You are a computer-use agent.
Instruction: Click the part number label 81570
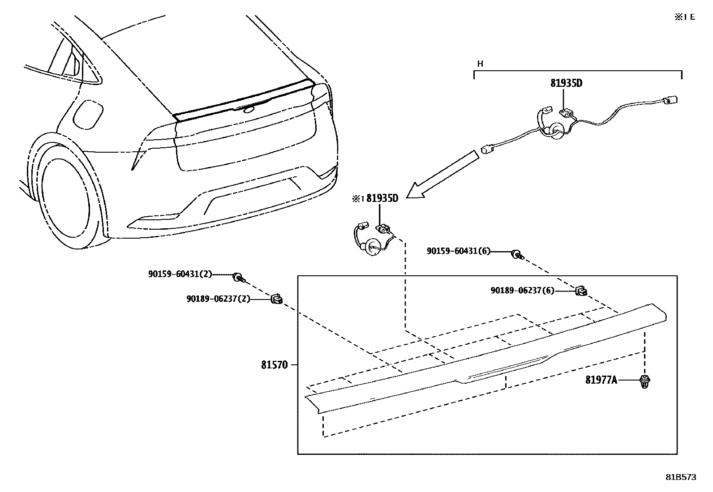pyautogui.click(x=274, y=365)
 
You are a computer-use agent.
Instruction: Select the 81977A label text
pyautogui.click(x=601, y=381)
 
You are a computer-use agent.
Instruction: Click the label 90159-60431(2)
pyautogui.click(x=180, y=274)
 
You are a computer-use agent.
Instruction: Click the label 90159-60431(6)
pyautogui.click(x=459, y=252)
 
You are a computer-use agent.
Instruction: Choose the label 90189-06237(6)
pyautogui.click(x=522, y=291)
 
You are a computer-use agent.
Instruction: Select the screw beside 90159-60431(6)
pyautogui.click(x=517, y=255)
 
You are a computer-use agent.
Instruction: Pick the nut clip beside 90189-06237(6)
pyautogui.click(x=581, y=291)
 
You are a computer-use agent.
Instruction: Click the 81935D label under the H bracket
pyautogui.click(x=566, y=83)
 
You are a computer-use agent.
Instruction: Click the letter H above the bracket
pyautogui.click(x=480, y=64)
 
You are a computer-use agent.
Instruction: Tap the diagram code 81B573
pyautogui.click(x=680, y=477)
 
